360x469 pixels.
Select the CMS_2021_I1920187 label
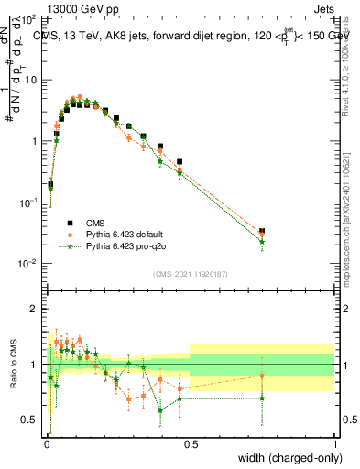191,273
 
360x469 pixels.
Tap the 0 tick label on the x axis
46,443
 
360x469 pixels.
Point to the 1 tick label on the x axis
334,443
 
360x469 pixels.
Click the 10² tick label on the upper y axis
29,19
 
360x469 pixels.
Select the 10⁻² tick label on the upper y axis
29,263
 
